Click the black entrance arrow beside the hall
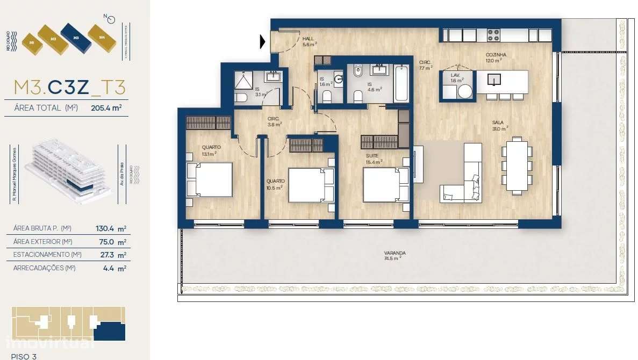point(263,41)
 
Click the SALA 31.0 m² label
point(499,125)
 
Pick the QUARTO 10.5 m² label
point(276,184)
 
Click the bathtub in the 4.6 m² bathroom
point(402,83)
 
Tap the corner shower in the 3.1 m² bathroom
point(245,81)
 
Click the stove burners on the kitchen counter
point(494,35)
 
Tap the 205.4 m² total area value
point(106,107)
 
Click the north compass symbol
point(111,20)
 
